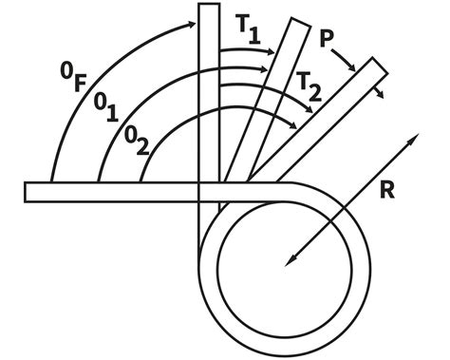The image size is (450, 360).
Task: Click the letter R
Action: [x=387, y=187]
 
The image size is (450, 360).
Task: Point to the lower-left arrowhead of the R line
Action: [x=286, y=261]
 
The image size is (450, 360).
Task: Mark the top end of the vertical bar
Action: [x=210, y=8]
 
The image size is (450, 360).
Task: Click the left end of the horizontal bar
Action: [x=28, y=192]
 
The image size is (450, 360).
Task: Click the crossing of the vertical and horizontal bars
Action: [x=210, y=192]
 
